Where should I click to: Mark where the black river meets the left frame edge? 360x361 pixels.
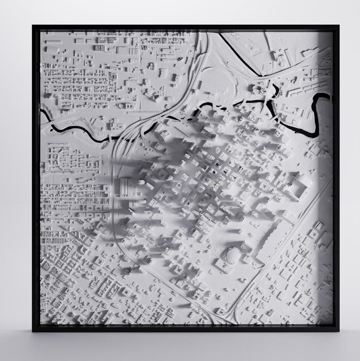42,112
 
